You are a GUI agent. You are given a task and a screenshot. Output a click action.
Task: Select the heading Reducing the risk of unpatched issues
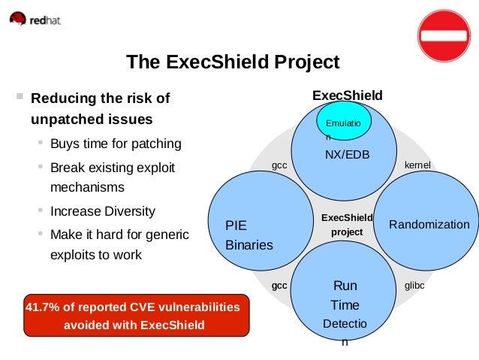pos(100,109)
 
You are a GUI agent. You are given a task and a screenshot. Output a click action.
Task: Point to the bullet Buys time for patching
pos(116,144)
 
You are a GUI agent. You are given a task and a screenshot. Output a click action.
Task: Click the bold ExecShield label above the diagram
pos(347,95)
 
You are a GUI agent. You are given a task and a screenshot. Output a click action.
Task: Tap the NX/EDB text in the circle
pos(347,154)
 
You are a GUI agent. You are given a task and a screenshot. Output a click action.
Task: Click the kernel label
pos(416,163)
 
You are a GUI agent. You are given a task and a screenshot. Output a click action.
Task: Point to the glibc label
pos(414,286)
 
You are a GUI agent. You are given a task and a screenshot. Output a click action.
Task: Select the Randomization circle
pos(429,225)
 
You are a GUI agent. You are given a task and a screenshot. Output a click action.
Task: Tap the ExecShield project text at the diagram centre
pos(347,225)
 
